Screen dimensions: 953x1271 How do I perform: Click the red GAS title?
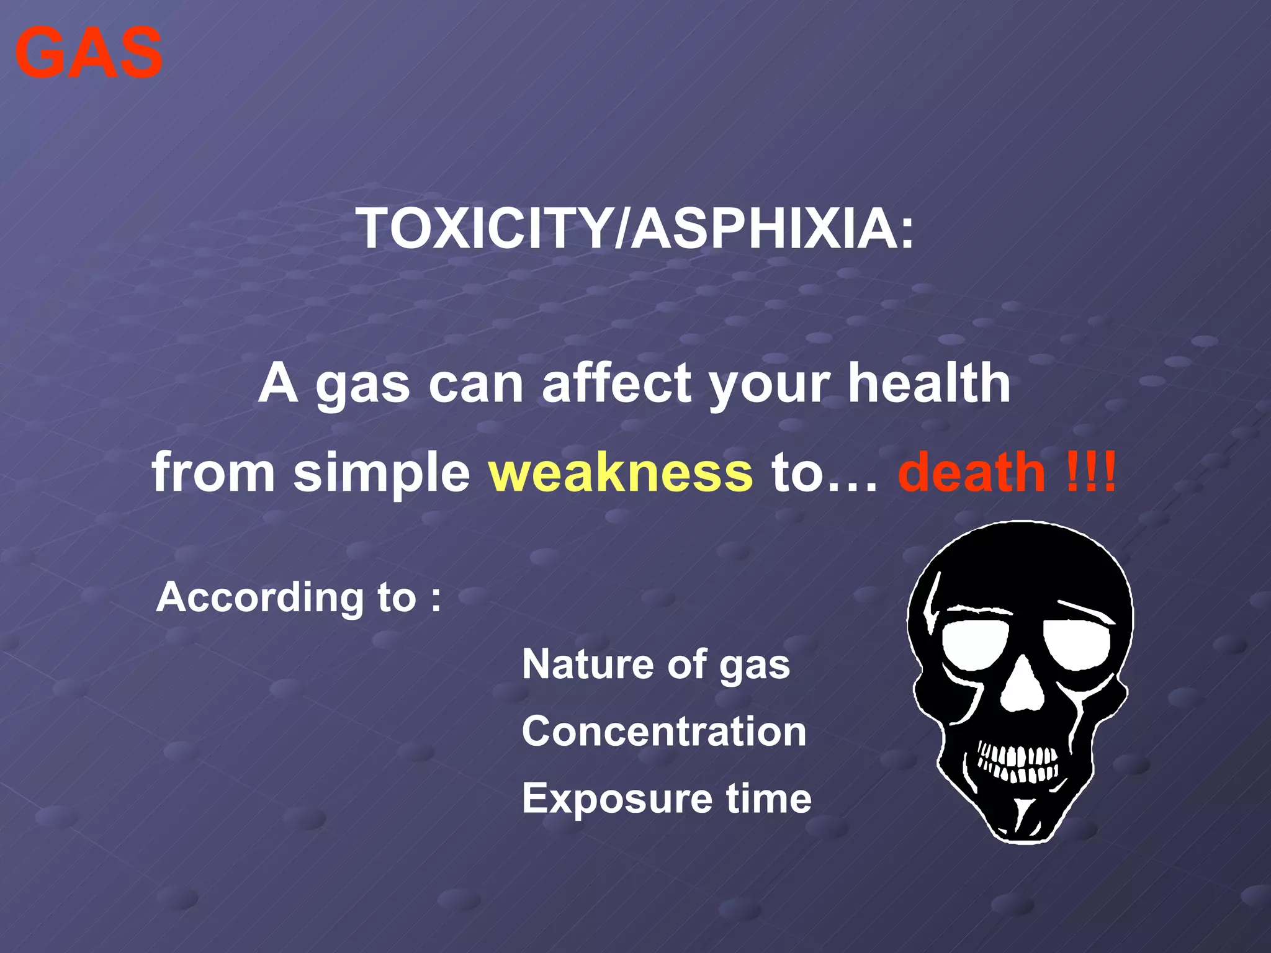click(x=89, y=53)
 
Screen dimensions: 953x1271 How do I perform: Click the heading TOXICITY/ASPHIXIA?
click(x=635, y=229)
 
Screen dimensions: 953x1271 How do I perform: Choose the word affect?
click(x=616, y=383)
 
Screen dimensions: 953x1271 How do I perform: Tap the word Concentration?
click(x=664, y=732)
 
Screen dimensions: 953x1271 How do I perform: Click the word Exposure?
click(x=614, y=799)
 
